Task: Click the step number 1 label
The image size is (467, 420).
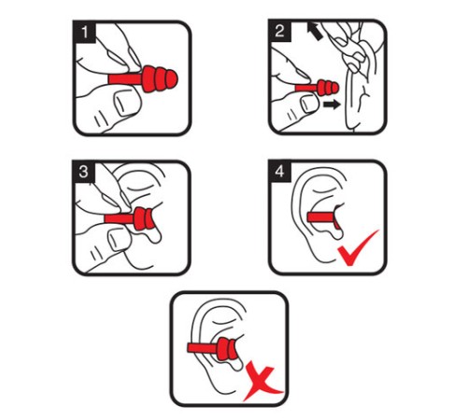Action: pos(84,32)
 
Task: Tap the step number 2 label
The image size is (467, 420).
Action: pos(280,31)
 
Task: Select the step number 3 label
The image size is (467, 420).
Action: pos(83,172)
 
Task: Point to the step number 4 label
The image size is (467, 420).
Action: pos(279,171)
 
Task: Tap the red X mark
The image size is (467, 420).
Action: pos(262,384)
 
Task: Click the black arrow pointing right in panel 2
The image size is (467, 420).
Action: pos(332,105)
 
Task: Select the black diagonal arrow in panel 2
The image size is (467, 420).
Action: pos(315,31)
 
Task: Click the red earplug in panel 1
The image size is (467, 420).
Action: pos(143,79)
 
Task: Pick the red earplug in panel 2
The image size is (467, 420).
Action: pos(317,88)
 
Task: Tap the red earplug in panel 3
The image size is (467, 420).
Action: pos(130,218)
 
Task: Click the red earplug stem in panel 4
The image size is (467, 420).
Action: pos(322,217)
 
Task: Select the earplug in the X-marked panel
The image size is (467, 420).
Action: pos(212,348)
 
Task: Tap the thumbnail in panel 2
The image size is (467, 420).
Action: pos(307,104)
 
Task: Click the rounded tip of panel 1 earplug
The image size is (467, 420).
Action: pos(172,79)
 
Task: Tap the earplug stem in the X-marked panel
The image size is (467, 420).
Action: pos(203,348)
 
